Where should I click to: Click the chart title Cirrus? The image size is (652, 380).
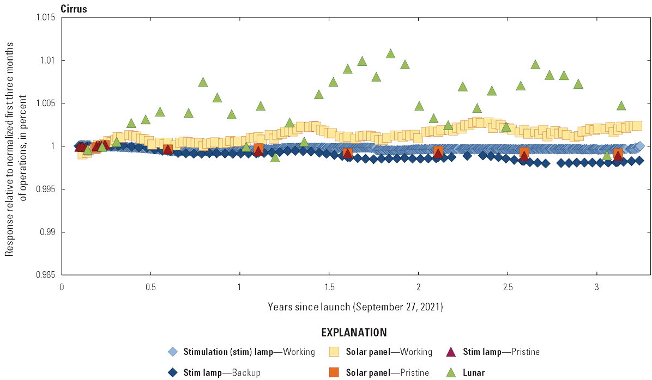74,9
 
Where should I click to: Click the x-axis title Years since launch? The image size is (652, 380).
355,307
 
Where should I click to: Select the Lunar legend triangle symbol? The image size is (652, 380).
452,372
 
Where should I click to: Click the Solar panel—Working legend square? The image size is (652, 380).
335,352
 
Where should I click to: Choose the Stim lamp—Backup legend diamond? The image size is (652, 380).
172,372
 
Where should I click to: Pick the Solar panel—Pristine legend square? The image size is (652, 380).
335,372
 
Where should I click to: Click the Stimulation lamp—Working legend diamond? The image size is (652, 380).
172,352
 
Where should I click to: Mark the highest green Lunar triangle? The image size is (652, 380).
390,53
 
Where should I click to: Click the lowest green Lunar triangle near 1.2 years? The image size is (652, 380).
275,157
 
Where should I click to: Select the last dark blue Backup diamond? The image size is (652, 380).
639,160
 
